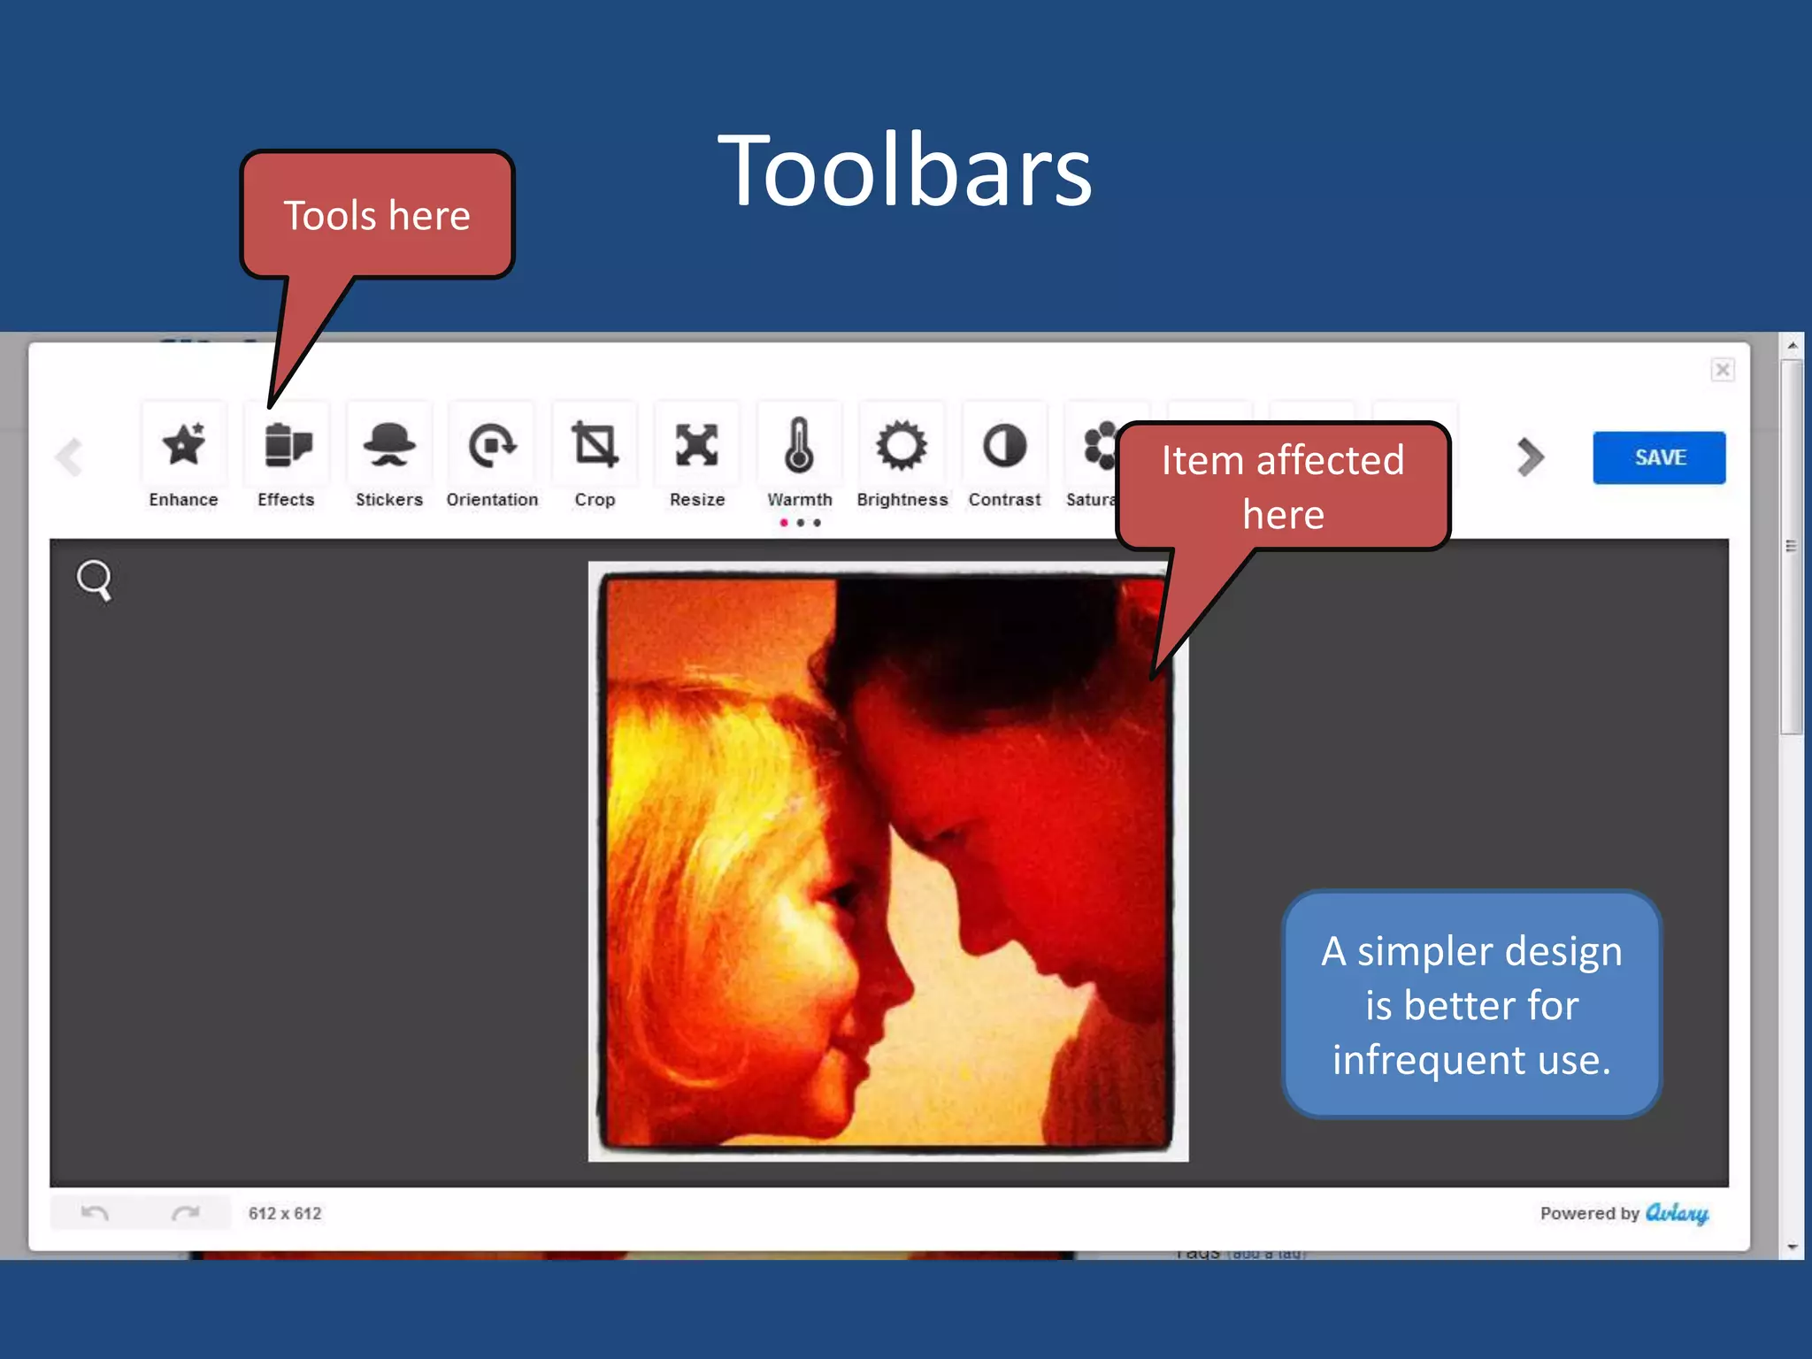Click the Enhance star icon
(184, 444)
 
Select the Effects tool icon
(287, 444)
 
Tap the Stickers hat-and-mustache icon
(389, 444)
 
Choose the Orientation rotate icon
(492, 444)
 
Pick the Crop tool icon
(595, 444)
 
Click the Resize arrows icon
(697, 444)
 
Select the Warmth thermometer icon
(800, 444)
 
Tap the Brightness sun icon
(902, 444)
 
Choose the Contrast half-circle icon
(1004, 444)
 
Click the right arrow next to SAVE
(1530, 457)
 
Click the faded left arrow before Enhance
(69, 457)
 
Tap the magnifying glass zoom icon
(94, 580)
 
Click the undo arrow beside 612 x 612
(95, 1213)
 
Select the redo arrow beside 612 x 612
(185, 1213)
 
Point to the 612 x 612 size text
(285, 1214)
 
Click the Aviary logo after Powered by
(1677, 1213)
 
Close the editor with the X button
(1722, 369)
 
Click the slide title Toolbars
(905, 170)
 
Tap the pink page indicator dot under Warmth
(784, 523)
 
